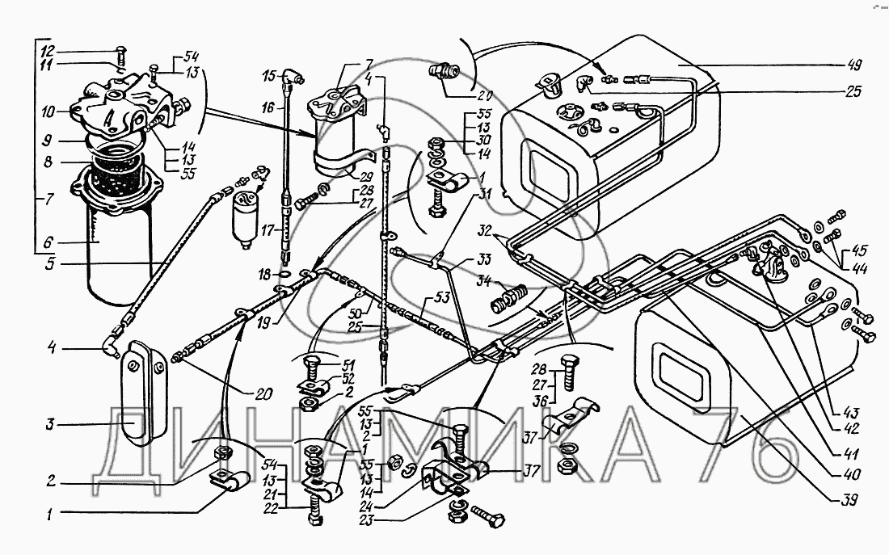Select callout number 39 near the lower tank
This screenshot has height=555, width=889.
849,499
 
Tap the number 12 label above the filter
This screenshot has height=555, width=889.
48,50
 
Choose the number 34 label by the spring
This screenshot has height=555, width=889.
483,280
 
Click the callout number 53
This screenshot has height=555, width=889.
442,298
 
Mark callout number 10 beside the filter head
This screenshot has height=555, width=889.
48,111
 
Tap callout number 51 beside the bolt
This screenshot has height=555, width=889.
348,364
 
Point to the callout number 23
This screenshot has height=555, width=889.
368,519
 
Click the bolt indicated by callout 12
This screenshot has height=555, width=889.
122,56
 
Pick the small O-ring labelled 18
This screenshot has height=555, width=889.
286,275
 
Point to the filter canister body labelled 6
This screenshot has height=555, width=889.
120,250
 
